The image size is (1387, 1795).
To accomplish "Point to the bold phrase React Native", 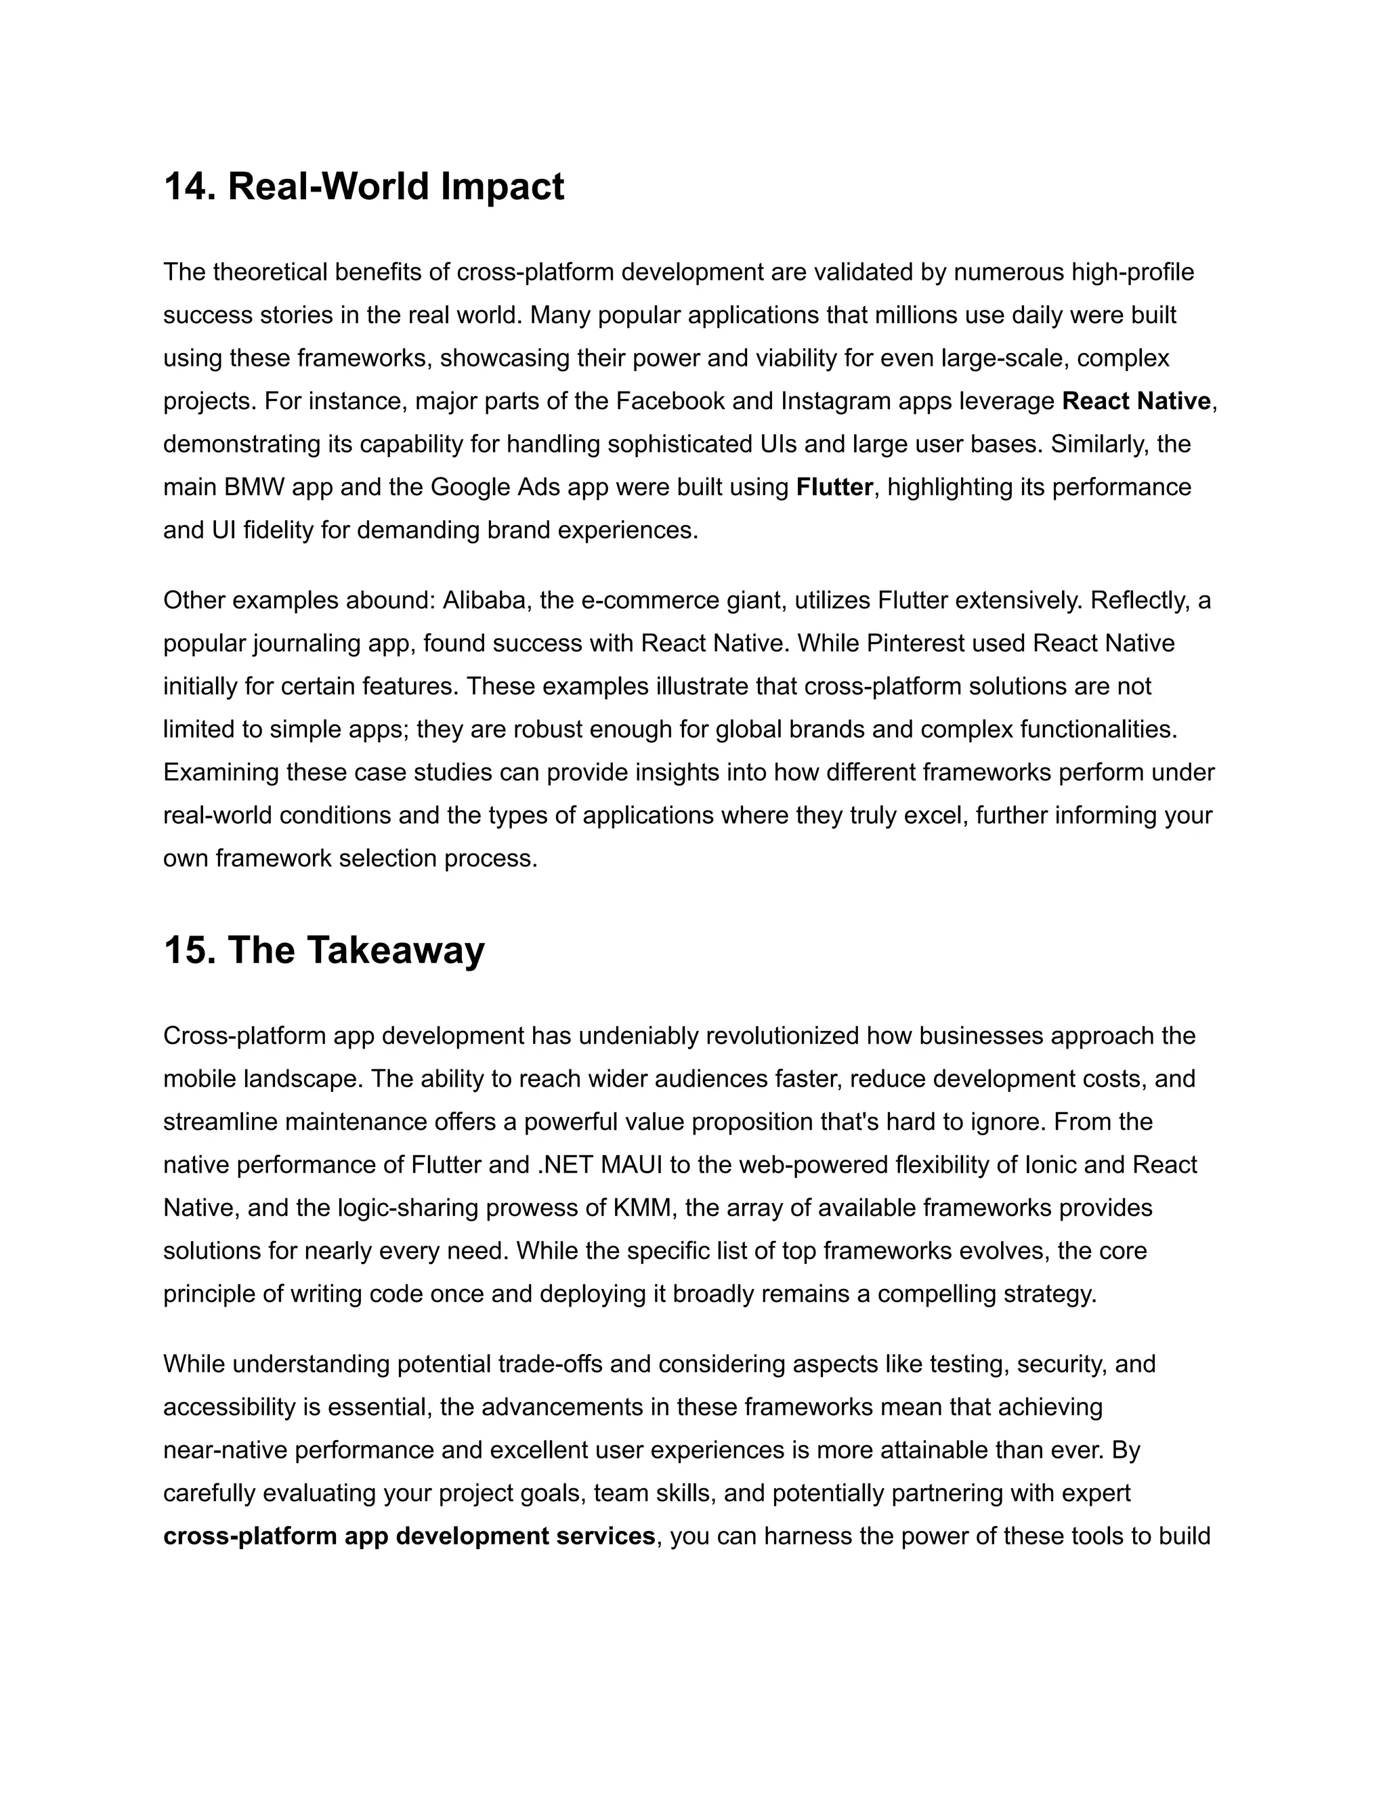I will (x=1136, y=401).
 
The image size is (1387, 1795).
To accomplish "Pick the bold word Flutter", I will (x=834, y=488).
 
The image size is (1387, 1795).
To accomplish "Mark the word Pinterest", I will (x=912, y=643).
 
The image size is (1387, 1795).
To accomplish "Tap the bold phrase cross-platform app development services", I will (x=409, y=1536).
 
